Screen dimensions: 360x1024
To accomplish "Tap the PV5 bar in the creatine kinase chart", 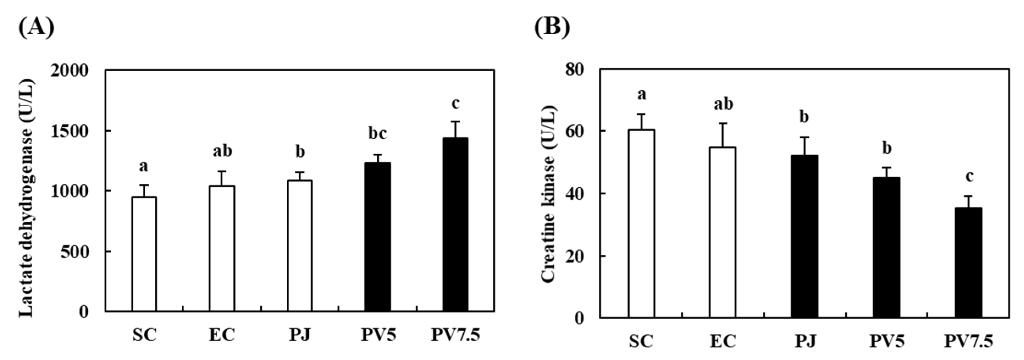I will pyautogui.click(x=887, y=247).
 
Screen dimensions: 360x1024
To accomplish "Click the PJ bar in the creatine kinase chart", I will pyautogui.click(x=804, y=236).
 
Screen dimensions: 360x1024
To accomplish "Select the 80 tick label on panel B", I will pyautogui.click(x=575, y=70).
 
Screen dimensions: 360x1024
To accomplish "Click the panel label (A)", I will pyautogui.click(x=36, y=27).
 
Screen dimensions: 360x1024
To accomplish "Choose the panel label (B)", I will pyautogui.click(x=552, y=27).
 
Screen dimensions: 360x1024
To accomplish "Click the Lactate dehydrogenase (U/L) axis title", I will pyautogui.click(x=26, y=198).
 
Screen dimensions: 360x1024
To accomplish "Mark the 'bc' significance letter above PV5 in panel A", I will pyautogui.click(x=377, y=134).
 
